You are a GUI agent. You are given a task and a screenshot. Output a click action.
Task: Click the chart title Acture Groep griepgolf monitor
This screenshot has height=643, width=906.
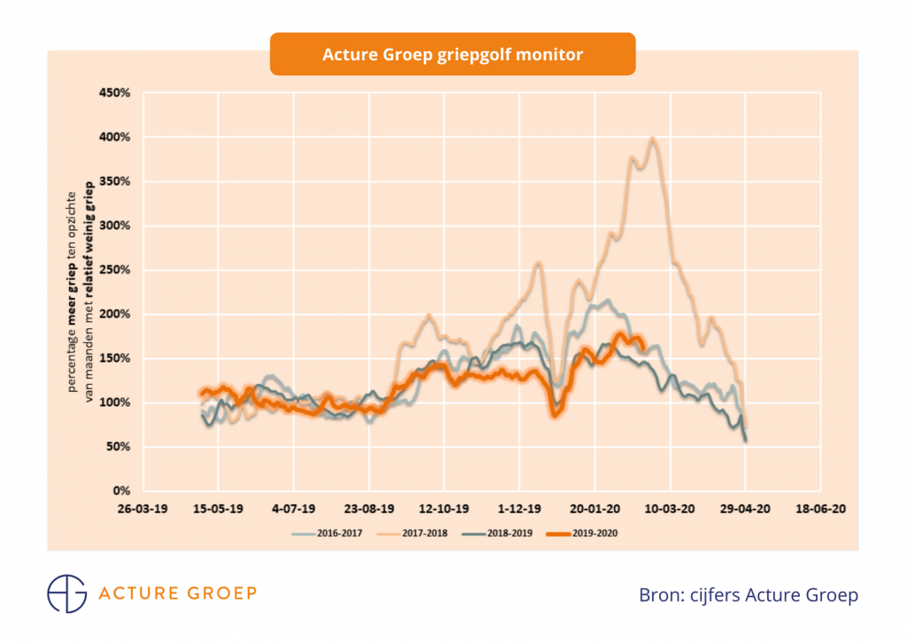pos(452,54)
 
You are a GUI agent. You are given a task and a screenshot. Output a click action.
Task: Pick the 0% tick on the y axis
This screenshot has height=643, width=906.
pos(122,491)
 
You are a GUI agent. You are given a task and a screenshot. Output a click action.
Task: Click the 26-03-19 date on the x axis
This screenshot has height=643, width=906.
pos(142,509)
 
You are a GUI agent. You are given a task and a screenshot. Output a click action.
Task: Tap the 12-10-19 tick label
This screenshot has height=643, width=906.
pos(444,509)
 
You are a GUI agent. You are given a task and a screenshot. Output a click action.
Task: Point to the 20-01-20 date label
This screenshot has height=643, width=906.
pos(595,509)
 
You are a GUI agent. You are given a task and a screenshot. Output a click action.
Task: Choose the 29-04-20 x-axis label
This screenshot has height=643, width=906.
pos(745,509)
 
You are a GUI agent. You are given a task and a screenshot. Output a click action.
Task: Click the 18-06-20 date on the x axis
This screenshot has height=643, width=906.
pos(820,509)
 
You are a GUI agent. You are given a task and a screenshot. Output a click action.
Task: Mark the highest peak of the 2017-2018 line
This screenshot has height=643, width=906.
pos(652,138)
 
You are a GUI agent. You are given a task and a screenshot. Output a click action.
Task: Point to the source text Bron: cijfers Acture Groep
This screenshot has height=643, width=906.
pos(748,595)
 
